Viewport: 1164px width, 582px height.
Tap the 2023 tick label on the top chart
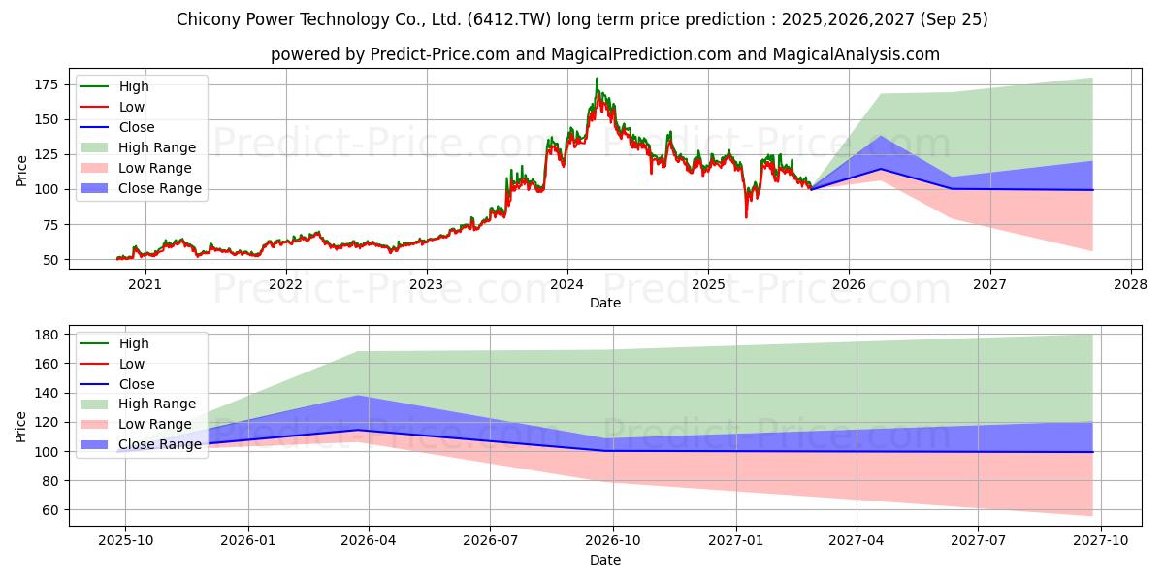(426, 284)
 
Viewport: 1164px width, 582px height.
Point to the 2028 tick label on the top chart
(1130, 284)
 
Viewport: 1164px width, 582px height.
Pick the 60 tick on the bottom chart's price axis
(51, 510)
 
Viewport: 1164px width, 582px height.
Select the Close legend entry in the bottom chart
(135, 384)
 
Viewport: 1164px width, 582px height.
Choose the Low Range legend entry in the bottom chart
(155, 424)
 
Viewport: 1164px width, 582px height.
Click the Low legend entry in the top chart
(132, 107)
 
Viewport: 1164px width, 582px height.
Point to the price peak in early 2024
(597, 80)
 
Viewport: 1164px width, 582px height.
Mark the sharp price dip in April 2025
(746, 215)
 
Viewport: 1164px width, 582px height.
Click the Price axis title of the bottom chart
(22, 426)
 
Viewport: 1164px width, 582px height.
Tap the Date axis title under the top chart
(605, 303)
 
